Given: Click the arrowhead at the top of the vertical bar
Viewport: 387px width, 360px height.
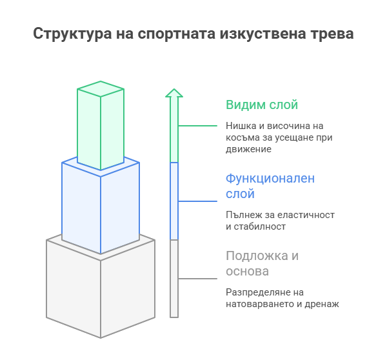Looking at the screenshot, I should coord(174,93).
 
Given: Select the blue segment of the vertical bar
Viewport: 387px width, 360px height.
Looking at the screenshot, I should coord(174,201).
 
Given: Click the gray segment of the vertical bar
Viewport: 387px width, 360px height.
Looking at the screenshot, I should coord(174,278).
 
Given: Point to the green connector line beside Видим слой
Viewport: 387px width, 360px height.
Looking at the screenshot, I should coord(197,126).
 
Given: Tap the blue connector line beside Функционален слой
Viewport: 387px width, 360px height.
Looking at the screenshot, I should coord(197,201).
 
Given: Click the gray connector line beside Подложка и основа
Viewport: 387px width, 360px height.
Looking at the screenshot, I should coord(197,279).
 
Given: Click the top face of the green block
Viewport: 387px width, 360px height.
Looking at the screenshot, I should coord(101,89).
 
